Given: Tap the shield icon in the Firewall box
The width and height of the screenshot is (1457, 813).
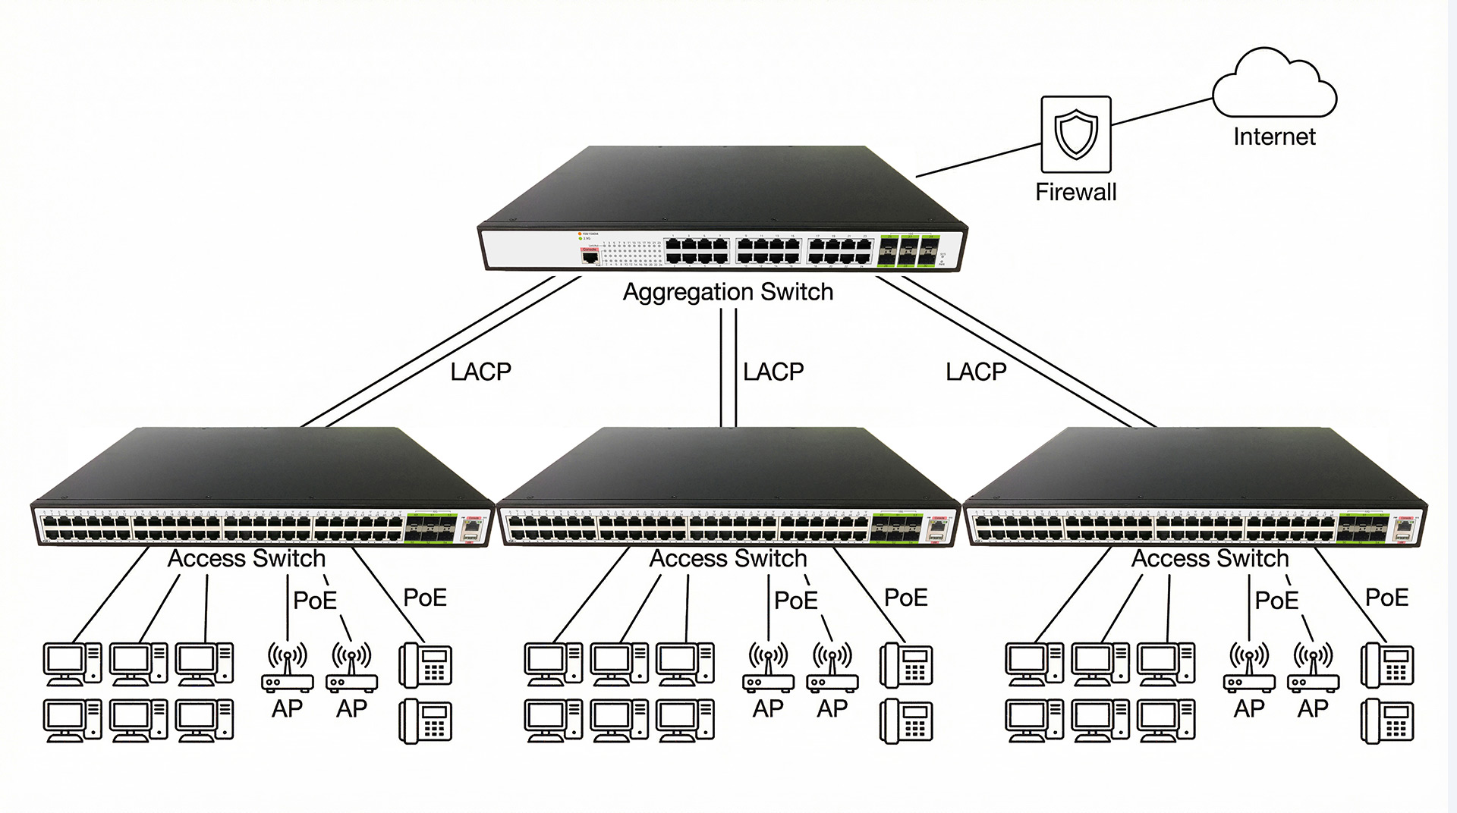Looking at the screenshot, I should [x=1075, y=133].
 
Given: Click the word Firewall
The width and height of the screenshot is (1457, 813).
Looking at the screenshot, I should [x=1075, y=192].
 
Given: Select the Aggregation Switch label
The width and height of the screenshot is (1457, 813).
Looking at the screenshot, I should [x=728, y=292].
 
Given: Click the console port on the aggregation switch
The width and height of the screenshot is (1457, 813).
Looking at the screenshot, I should [x=590, y=257].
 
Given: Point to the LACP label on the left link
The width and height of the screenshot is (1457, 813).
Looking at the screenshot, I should [x=480, y=372].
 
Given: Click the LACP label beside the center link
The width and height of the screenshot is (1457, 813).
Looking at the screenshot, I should [x=773, y=372].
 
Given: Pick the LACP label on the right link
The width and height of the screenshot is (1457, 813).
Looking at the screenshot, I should [x=976, y=372].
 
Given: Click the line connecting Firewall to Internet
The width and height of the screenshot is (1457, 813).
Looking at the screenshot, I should [x=1161, y=111].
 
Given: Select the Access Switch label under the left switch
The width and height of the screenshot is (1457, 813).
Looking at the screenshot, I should [x=246, y=558].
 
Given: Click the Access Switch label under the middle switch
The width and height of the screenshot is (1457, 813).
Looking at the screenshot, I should [x=728, y=558].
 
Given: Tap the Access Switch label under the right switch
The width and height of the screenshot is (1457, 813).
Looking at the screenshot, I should [x=1210, y=558].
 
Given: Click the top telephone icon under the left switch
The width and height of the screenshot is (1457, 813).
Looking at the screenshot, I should [x=426, y=664].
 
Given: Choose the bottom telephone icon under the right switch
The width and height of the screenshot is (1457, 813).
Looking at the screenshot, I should [x=1387, y=720].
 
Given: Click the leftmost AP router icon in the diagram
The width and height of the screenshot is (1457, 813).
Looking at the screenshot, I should [x=287, y=667].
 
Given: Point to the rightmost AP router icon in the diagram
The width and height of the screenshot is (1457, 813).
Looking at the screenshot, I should [x=1313, y=667].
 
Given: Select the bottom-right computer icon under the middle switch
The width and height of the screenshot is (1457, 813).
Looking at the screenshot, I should [x=685, y=720].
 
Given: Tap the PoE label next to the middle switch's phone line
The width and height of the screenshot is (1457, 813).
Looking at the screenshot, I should [x=905, y=598].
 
